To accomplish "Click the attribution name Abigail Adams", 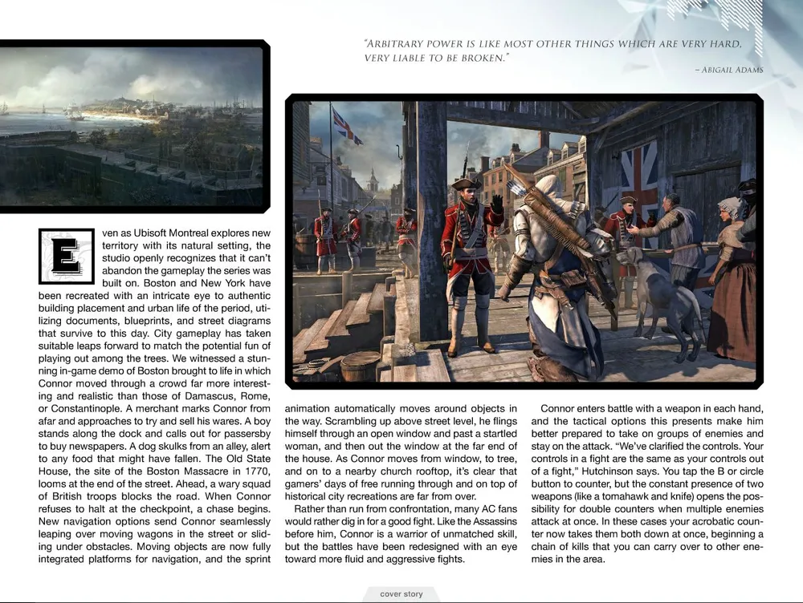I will coord(731,70).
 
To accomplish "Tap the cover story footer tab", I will coord(410,594).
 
